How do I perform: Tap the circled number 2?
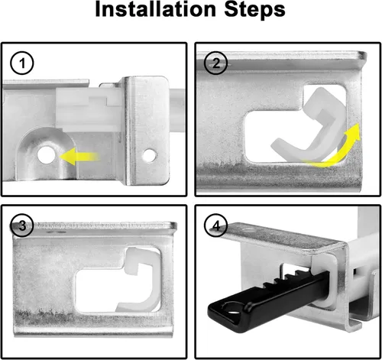click(x=216, y=63)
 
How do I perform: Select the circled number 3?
click(x=23, y=225)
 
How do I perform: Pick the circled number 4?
click(x=216, y=225)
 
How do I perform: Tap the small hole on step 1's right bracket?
click(x=151, y=156)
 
